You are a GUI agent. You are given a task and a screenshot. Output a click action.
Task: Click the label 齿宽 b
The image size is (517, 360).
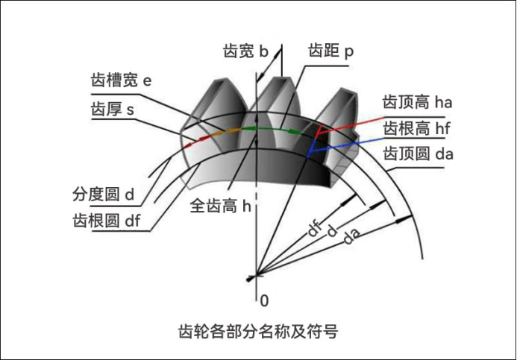pos(245,51)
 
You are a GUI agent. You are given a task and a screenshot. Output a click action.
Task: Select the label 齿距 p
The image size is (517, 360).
pos(330,51)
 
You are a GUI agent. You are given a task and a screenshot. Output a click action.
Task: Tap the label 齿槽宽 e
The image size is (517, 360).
pos(121,80)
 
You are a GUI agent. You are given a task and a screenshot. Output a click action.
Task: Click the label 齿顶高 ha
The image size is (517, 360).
pos(418,100)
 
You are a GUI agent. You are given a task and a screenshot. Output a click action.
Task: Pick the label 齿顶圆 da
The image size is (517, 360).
pos(418,154)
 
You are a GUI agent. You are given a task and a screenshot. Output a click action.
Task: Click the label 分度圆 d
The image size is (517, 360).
pos(103,195)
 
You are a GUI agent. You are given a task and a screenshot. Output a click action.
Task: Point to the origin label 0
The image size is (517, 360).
pos(263,300)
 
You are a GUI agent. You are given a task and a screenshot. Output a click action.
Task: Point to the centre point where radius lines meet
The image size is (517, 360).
pos(256,276)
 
